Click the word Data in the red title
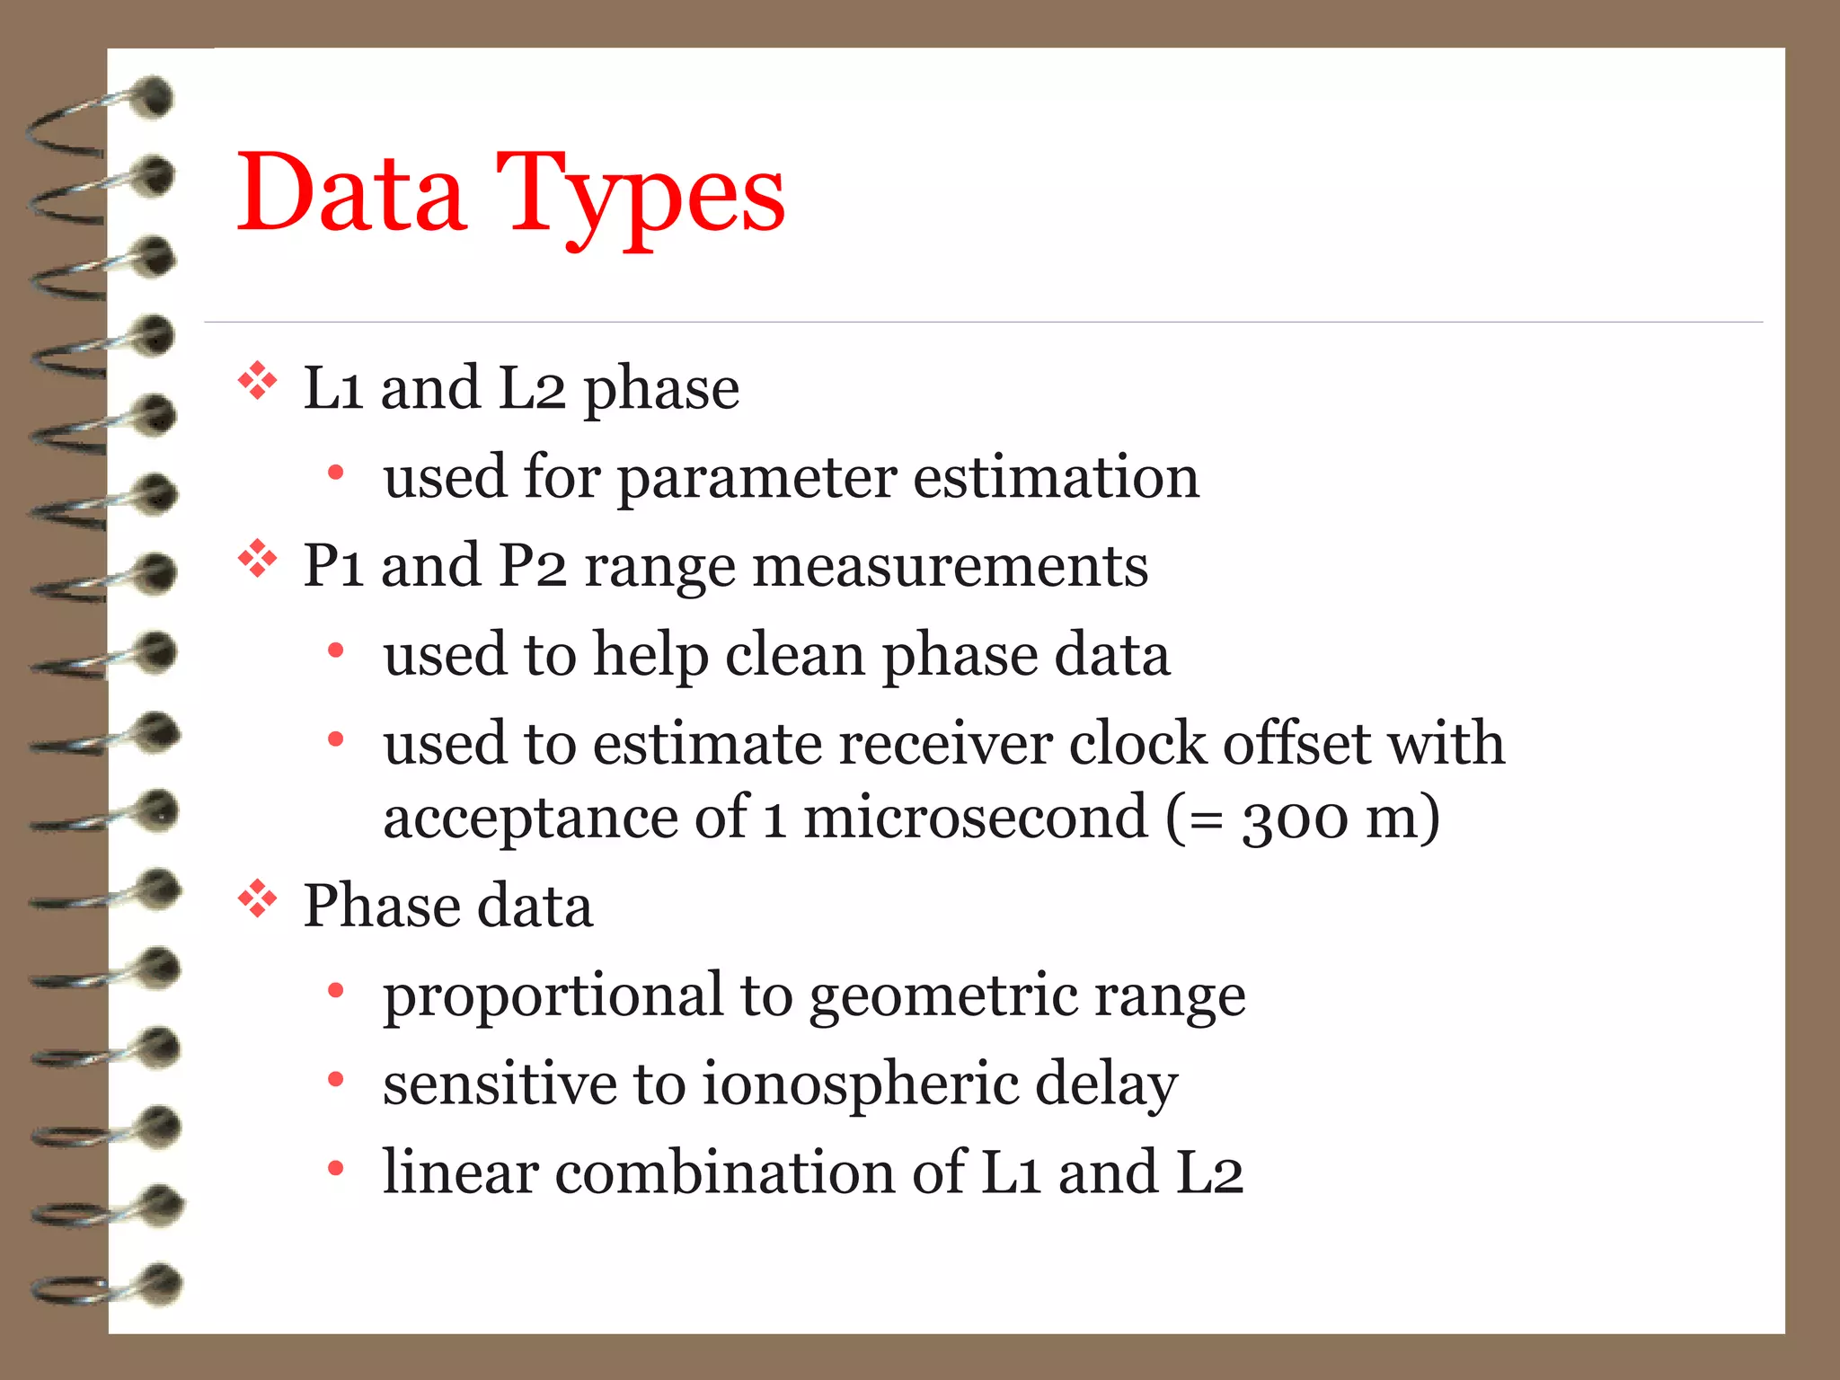coord(350,193)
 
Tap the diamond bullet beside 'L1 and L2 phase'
coord(258,381)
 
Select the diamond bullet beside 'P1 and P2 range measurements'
coord(258,559)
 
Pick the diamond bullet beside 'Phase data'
coord(258,898)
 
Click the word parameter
coord(756,479)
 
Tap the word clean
coord(795,654)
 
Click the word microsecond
coord(976,818)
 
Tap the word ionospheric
coord(860,1084)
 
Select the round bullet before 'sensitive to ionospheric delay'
coord(336,1079)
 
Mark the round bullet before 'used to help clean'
coord(336,650)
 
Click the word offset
coord(1296,744)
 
